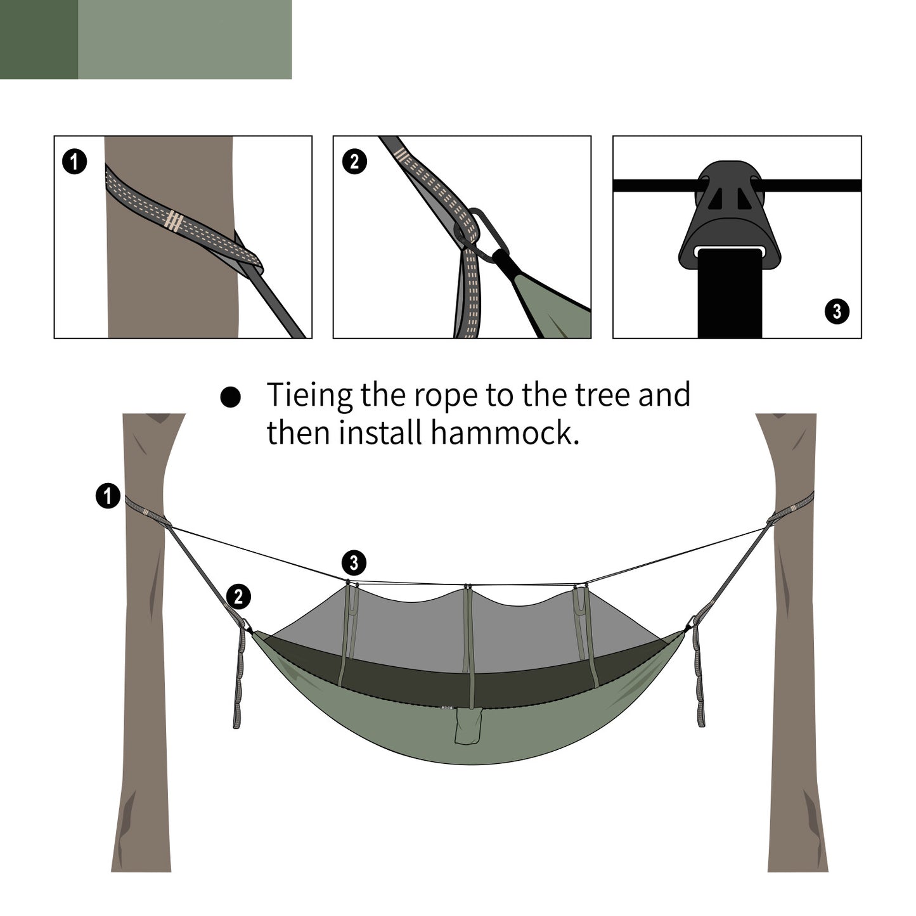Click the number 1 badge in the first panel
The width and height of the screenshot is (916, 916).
click(74, 162)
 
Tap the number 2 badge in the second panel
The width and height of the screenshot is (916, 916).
click(354, 162)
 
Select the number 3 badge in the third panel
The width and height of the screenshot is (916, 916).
click(837, 311)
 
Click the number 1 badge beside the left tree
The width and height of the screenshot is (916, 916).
click(108, 496)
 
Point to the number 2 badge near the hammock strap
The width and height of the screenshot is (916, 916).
click(238, 597)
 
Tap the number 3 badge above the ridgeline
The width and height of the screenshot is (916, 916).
click(354, 562)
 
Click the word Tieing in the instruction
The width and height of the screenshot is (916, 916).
click(309, 396)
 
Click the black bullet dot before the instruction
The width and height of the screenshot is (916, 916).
click(231, 397)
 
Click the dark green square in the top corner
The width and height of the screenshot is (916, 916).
click(39, 39)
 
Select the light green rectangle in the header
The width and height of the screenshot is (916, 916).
click(184, 39)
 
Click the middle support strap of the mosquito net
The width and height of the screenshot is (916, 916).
click(468, 634)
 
